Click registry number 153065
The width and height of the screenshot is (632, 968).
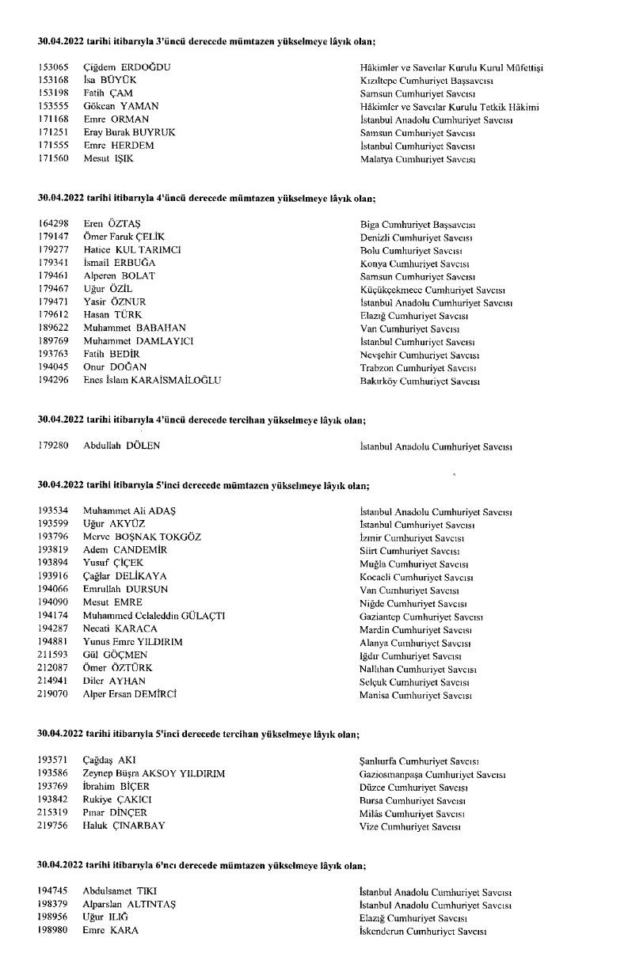click(x=54, y=68)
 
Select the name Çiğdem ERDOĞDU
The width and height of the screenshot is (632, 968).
click(x=127, y=68)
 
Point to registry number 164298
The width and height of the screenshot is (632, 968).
click(x=54, y=224)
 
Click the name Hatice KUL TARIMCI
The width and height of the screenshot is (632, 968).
click(x=132, y=250)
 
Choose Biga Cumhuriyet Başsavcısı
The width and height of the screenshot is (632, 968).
click(x=417, y=224)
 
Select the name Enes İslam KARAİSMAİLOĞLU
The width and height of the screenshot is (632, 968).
click(x=152, y=380)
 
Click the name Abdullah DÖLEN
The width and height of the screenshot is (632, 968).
click(x=121, y=446)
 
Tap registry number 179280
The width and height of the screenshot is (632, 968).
click(x=54, y=446)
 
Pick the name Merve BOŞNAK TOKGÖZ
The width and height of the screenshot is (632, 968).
click(x=142, y=537)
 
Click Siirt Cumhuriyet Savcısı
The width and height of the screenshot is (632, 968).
click(x=409, y=550)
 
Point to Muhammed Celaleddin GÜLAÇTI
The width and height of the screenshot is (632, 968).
click(x=154, y=616)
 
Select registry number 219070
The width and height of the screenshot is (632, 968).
click(x=54, y=694)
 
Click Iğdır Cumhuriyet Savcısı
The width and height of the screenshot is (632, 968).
click(x=410, y=655)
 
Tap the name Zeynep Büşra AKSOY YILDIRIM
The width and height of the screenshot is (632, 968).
click(x=154, y=773)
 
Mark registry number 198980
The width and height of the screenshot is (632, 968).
click(x=54, y=930)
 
